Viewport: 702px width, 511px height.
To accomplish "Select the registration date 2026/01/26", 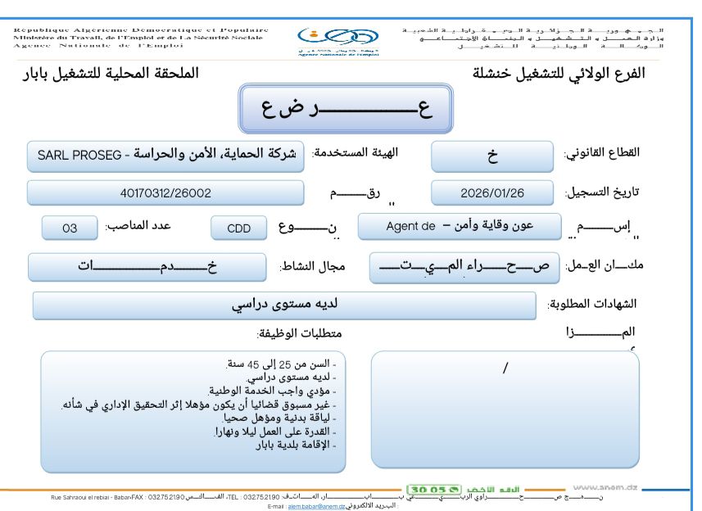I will [x=493, y=192].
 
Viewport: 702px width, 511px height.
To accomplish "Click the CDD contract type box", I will [x=238, y=228].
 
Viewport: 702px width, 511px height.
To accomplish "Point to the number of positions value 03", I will [x=70, y=228].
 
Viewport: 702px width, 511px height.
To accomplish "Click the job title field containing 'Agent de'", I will [x=459, y=226].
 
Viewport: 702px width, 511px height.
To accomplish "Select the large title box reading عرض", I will [x=345, y=110].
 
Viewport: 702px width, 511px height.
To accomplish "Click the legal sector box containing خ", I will [x=492, y=155].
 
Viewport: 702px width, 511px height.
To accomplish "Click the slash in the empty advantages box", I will [x=505, y=369].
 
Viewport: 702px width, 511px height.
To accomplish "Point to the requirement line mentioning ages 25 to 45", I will [x=283, y=363].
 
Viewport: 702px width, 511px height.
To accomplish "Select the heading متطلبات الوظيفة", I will [x=299, y=333].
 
